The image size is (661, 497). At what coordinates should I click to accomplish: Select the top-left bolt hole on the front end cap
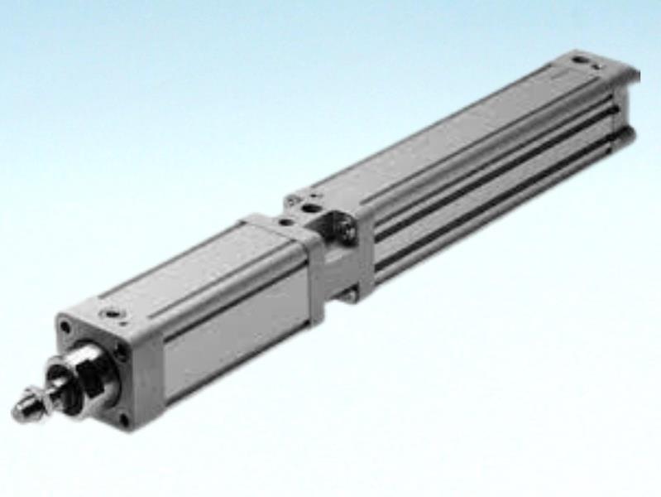coord(65,329)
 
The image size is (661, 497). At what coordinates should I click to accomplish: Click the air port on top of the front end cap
coord(110,314)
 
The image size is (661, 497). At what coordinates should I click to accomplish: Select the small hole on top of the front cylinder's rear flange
coord(284,222)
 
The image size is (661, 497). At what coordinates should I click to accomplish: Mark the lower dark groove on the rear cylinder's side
coord(496,203)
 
